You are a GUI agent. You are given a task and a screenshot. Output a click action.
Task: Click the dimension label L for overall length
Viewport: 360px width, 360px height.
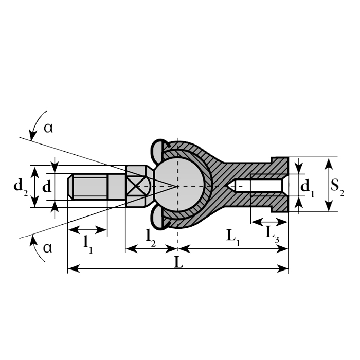click(x=178, y=261)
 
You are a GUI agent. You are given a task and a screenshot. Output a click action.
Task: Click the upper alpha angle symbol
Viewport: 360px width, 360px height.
click(x=48, y=129)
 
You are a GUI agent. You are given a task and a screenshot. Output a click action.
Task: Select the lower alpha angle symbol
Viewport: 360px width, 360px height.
click(x=48, y=248)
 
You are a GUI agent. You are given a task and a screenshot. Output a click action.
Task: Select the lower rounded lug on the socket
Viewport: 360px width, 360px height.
click(x=158, y=222)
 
